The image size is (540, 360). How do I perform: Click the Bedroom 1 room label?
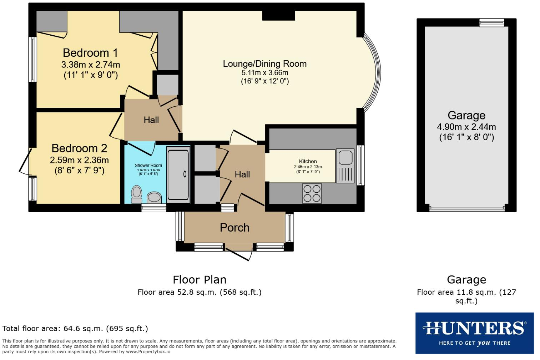click(x=90, y=53)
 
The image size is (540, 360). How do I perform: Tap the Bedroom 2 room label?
click(x=79, y=148)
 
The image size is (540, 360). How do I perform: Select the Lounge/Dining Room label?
click(x=264, y=64)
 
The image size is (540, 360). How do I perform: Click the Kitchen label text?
click(x=308, y=161)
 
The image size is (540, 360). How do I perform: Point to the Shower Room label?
click(x=148, y=165)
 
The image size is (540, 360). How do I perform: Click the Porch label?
click(x=234, y=228)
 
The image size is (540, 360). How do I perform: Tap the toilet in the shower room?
click(x=136, y=194)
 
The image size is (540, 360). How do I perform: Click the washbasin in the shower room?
click(x=154, y=197)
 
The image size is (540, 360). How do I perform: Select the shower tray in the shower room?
click(x=178, y=174)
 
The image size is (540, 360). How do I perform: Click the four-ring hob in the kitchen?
click(x=312, y=193)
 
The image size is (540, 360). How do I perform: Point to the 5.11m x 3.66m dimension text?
click(x=264, y=73)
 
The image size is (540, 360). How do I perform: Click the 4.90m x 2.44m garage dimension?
click(x=466, y=127)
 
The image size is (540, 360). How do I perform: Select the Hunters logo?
click(x=474, y=333)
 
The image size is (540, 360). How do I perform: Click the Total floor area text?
click(x=75, y=329)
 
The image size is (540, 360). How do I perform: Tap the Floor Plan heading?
click(x=200, y=280)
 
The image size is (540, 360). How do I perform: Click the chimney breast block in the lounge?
click(x=278, y=15)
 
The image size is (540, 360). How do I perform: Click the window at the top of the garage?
click(x=491, y=23)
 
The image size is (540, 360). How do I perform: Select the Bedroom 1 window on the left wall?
click(x=32, y=60)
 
